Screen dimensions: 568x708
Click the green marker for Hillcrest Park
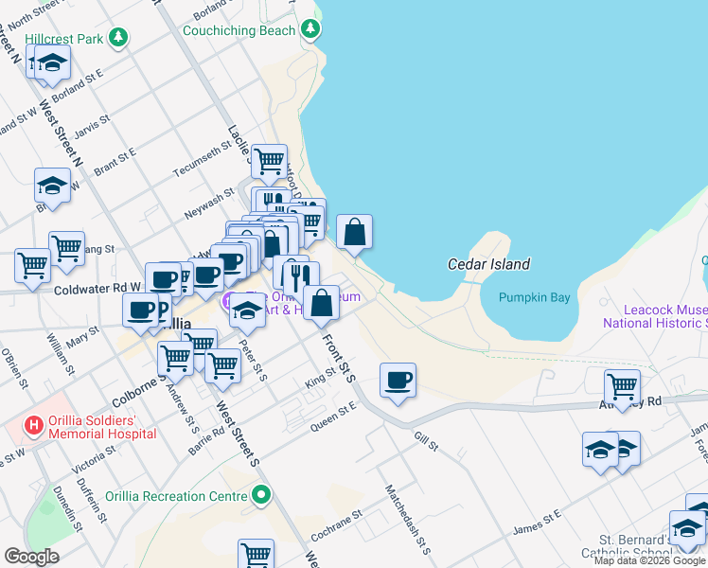click(117, 38)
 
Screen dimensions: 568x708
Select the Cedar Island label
click(488, 265)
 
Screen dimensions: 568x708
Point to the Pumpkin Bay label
click(535, 297)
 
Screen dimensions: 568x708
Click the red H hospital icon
click(35, 425)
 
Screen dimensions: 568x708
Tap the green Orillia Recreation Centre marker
click(260, 495)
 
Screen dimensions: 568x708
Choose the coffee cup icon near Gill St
click(398, 381)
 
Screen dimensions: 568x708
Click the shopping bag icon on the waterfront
click(354, 232)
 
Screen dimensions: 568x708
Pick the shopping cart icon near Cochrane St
click(256, 555)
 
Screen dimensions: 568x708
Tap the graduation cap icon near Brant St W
click(52, 186)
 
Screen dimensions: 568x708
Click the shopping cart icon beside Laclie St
click(270, 160)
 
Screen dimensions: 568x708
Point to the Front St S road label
click(338, 357)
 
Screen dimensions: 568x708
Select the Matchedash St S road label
click(408, 520)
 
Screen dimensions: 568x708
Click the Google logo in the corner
click(32, 556)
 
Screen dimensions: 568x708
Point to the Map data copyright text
click(649, 561)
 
